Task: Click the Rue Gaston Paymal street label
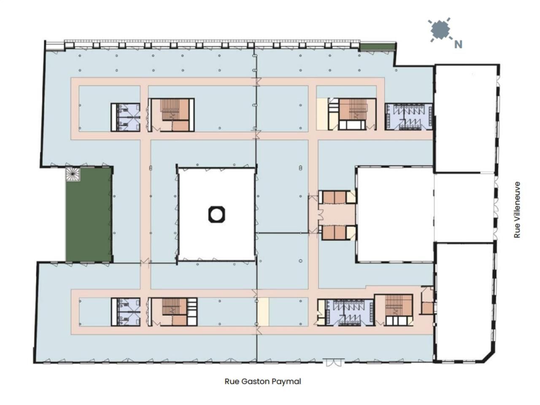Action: [x=263, y=381]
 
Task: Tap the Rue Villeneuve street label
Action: [x=517, y=210]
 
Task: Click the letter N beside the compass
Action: [x=458, y=44]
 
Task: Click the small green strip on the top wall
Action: [x=378, y=46]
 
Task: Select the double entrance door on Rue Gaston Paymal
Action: [x=333, y=362]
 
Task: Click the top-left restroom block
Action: [x=126, y=117]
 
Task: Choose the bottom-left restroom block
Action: [x=126, y=312]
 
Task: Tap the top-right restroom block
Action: [x=408, y=117]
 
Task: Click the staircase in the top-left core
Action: [x=171, y=110]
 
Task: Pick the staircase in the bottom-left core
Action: [x=171, y=307]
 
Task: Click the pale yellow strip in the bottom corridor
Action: [x=263, y=311]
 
